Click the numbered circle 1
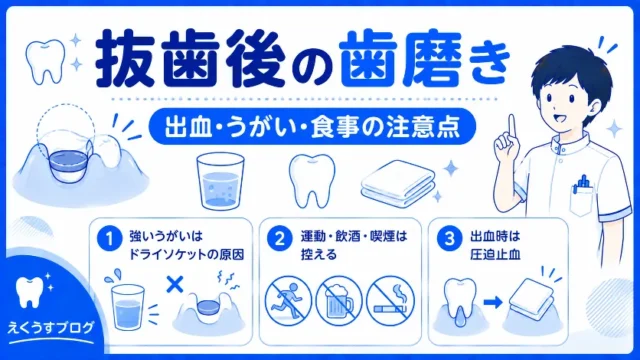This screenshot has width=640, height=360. click(x=109, y=239)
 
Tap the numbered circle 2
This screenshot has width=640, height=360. click(x=280, y=239)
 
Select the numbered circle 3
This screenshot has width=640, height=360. click(x=449, y=239)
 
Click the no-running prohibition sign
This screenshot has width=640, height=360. click(x=288, y=301)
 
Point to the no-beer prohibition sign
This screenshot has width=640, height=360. click(x=339, y=301)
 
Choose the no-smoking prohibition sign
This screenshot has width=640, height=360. click(x=390, y=301)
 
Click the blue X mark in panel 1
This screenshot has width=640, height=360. click(x=175, y=284)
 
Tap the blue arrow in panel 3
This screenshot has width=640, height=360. click(x=493, y=302)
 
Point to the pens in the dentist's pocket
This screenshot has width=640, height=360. click(x=583, y=184)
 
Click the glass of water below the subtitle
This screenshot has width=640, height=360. click(x=220, y=181)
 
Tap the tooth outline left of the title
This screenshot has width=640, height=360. click(x=45, y=61)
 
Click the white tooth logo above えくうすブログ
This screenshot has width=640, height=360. click(x=29, y=292)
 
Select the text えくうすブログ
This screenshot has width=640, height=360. click(x=51, y=327)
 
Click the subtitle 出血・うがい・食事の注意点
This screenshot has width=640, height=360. click(x=312, y=127)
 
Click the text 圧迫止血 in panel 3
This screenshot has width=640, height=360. click(x=495, y=255)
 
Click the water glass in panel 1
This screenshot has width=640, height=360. click(x=128, y=307)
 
